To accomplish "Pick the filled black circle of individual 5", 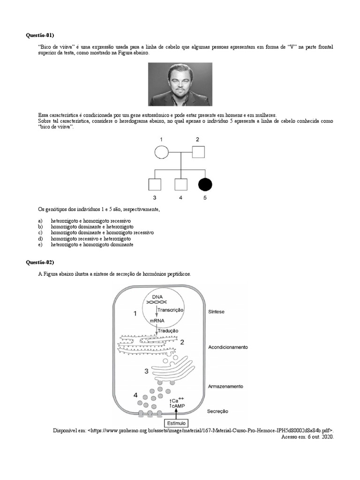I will point(204,184).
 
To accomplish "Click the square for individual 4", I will point(180,184).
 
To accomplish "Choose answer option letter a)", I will point(40,220).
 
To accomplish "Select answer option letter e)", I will point(40,245).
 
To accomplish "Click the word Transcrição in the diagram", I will point(171,310).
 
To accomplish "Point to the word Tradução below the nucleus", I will point(168,330).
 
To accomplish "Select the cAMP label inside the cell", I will point(178,406).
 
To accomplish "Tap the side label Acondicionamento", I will point(228,347).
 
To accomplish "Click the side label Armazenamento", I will point(225,387).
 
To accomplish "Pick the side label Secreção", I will point(217,411).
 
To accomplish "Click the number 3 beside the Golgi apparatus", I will point(146,371).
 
